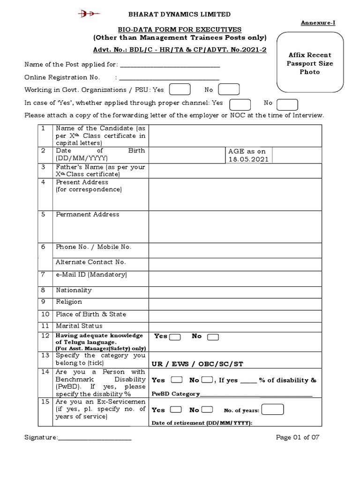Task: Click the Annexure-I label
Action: coord(318,22)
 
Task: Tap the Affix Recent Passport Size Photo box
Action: coord(310,63)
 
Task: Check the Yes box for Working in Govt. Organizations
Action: coord(179,90)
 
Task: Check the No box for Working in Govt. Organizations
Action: coord(229,90)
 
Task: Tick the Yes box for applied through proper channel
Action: coord(240,104)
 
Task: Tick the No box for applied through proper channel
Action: coord(287,104)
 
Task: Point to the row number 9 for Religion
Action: coord(43,302)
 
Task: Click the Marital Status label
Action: coord(79,326)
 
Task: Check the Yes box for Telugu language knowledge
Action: coord(175,337)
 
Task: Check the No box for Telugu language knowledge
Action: coord(213,337)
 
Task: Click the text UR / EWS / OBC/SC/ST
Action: coord(197,364)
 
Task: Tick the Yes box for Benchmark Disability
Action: coord(177,380)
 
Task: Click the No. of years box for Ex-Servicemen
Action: coord(273,410)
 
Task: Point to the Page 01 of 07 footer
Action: coord(298,437)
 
